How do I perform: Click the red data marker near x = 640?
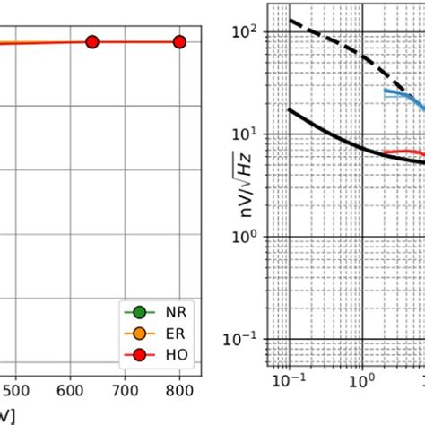click(x=91, y=41)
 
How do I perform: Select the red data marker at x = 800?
click(x=179, y=41)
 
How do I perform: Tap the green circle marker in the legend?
click(x=139, y=313)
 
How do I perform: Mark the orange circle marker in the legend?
click(x=139, y=334)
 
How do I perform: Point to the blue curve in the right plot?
click(x=399, y=92)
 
